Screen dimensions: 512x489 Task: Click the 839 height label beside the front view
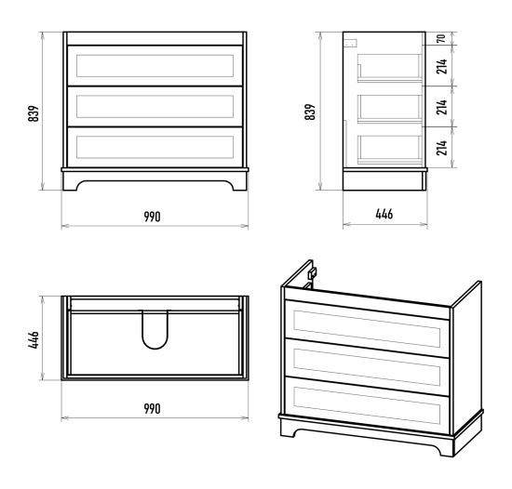[34, 113]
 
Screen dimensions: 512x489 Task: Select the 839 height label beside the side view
[310, 112]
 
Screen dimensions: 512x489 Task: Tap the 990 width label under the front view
[152, 217]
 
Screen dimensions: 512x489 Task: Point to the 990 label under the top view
[152, 409]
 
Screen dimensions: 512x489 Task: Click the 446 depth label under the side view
[384, 214]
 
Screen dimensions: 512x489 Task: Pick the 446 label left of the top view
[34, 340]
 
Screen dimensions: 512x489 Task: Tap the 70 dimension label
[441, 38]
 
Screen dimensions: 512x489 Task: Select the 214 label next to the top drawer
[441, 66]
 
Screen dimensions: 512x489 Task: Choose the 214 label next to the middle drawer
[441, 107]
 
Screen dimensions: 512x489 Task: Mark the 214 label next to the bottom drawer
[441, 148]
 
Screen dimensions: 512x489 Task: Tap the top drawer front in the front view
[155, 66]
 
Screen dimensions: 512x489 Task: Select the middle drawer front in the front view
[155, 107]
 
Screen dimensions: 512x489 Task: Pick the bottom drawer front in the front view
[155, 148]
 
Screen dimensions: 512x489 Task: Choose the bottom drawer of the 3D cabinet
[367, 405]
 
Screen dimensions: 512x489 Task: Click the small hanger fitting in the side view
[351, 43]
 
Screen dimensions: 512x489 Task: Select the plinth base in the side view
[385, 179]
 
